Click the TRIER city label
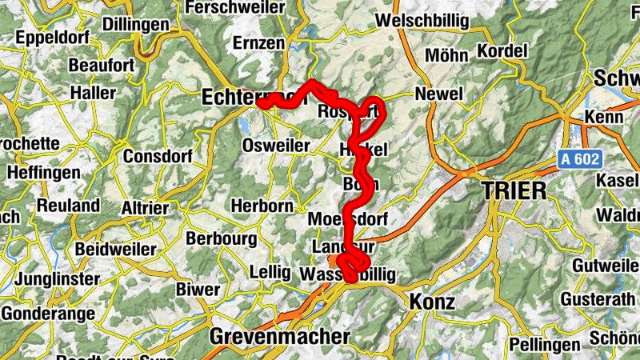514,190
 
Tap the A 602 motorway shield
578,161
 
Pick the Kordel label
502,51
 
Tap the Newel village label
439,94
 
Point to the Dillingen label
137,25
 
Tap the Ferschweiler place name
234,8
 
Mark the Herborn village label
262,206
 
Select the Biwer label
198,289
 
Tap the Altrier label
145,209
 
